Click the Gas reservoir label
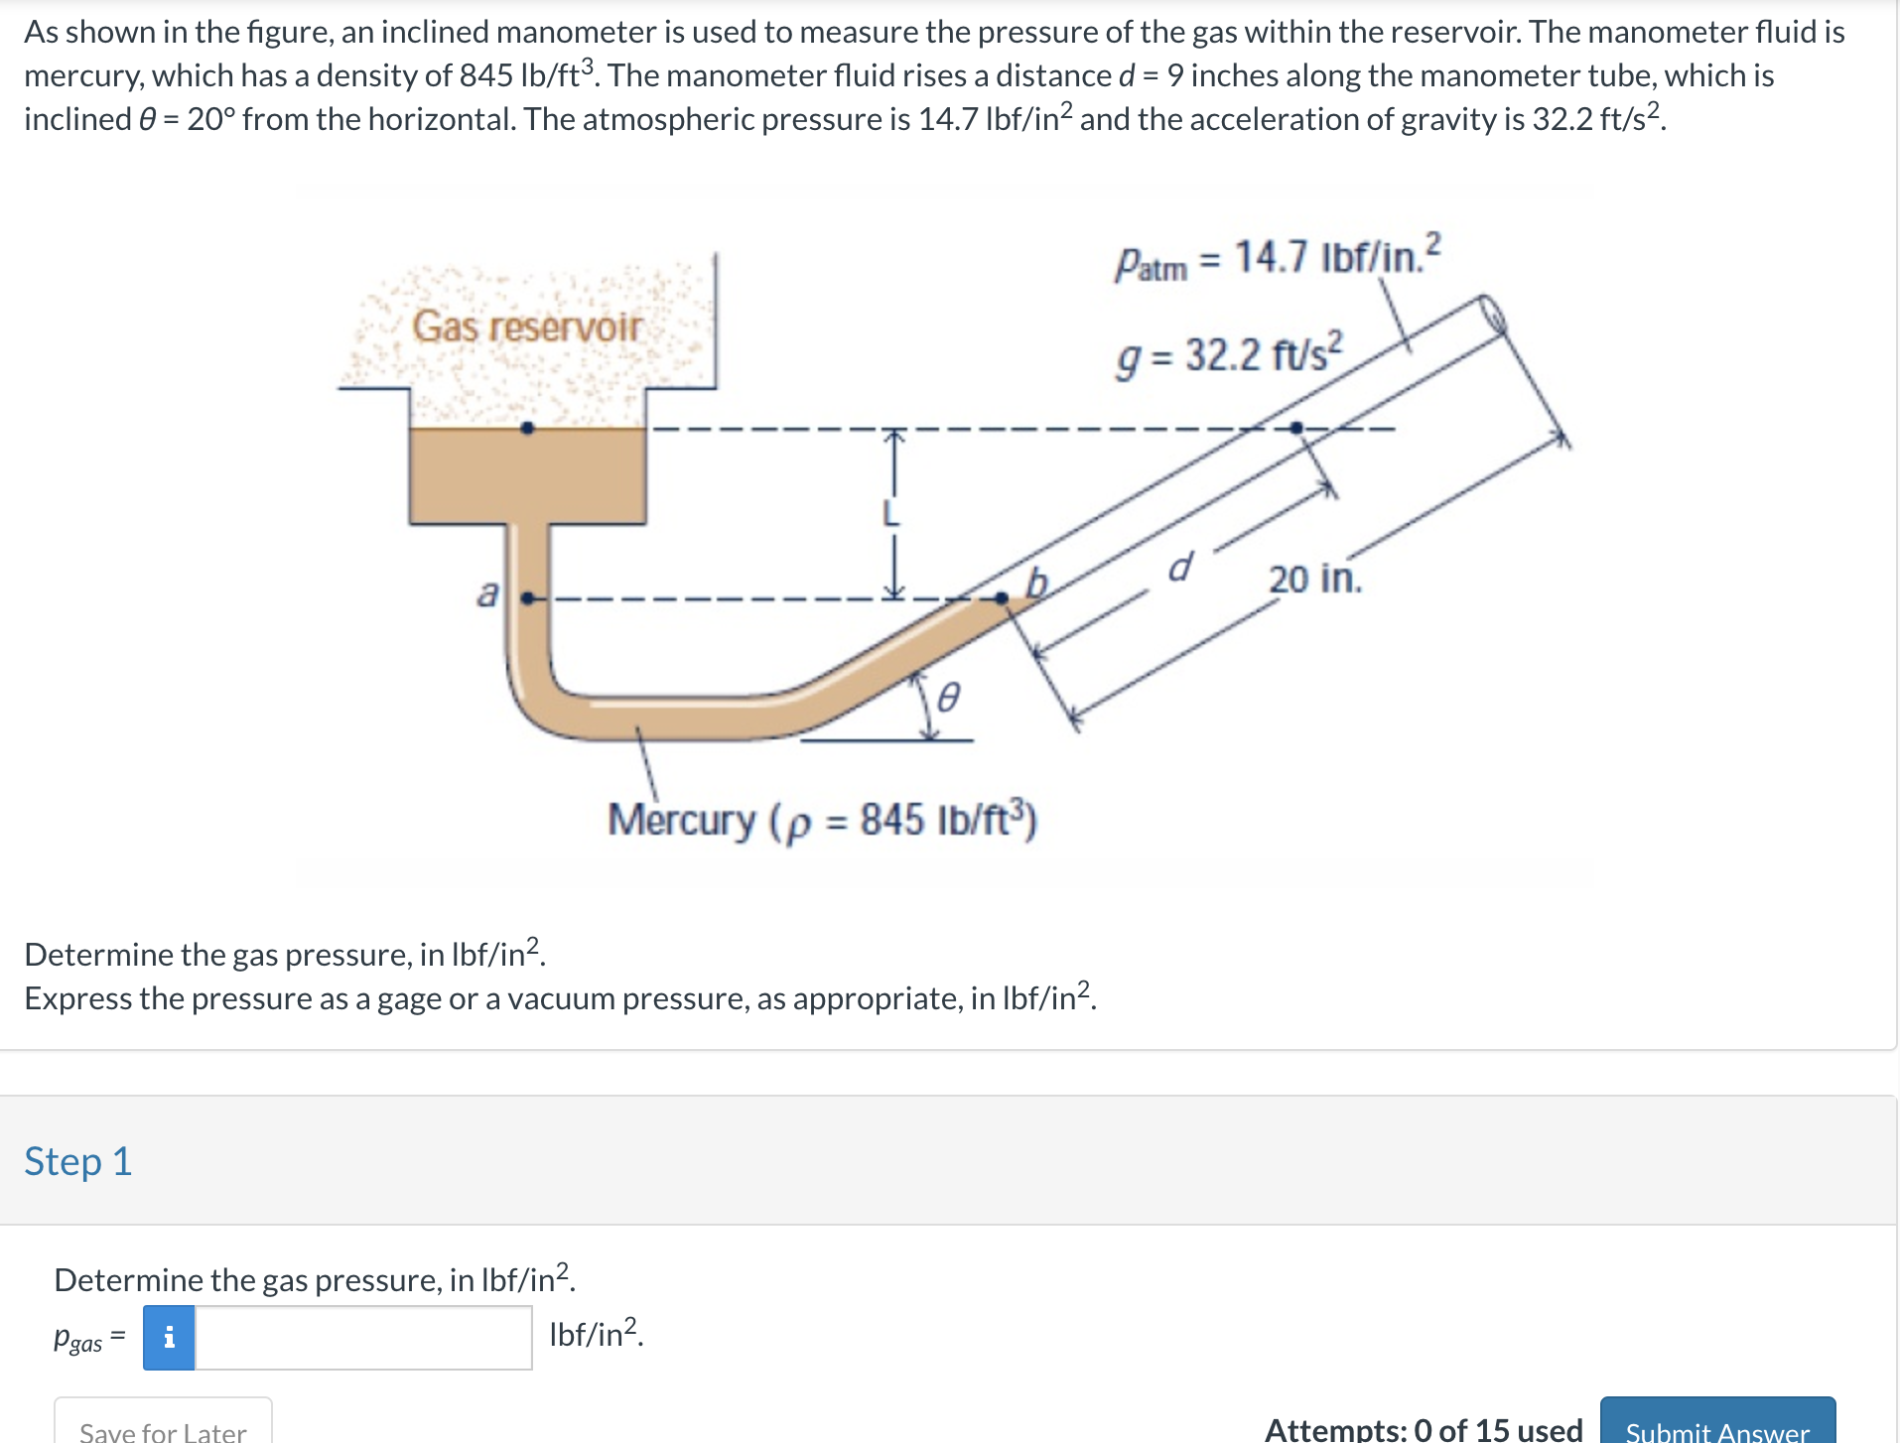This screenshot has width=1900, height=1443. point(527,327)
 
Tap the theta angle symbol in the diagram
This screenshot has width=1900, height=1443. point(949,699)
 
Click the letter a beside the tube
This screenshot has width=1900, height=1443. point(487,592)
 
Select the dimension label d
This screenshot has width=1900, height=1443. point(1179,568)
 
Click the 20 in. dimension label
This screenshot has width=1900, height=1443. point(1314,579)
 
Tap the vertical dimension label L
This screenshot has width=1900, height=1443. point(891,513)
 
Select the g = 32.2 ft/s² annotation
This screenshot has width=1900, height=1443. point(1229,355)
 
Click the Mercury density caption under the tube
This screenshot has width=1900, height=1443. point(822,820)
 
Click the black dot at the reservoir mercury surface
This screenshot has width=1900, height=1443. point(528,429)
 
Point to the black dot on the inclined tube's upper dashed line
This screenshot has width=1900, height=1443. point(1295,428)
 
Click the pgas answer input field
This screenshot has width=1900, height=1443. point(363,1337)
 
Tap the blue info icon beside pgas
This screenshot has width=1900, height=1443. point(169,1337)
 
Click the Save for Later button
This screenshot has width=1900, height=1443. point(163,1426)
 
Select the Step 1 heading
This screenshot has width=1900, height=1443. point(77,1161)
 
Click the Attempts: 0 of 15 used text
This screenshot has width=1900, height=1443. point(1423,1429)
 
